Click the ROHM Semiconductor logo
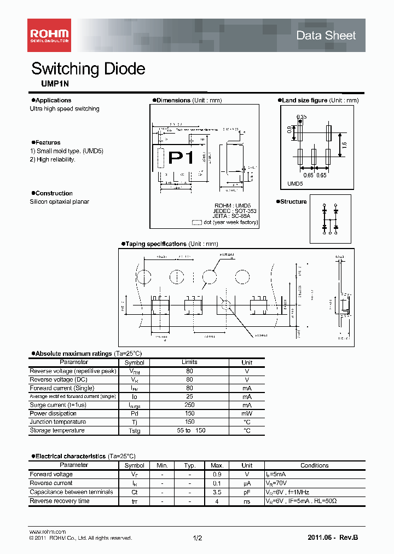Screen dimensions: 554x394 tap(49, 35)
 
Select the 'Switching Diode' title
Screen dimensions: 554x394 tap(88, 69)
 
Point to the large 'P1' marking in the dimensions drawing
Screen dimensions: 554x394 tap(181, 158)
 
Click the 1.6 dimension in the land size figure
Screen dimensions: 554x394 tap(344, 145)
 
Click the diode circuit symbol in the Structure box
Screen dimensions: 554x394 tap(330, 218)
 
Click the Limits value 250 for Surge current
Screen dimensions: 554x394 tap(189, 405)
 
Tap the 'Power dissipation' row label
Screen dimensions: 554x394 tap(53, 413)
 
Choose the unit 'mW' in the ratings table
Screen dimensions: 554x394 tap(247, 413)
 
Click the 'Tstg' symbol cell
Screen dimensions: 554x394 tap(134, 431)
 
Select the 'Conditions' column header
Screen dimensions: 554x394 tap(314, 465)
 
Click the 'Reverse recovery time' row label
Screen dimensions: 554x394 tap(60, 501)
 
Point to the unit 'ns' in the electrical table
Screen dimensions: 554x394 tap(247, 501)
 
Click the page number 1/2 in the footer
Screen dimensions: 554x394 tap(198, 538)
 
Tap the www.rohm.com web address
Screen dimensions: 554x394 tap(47, 532)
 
